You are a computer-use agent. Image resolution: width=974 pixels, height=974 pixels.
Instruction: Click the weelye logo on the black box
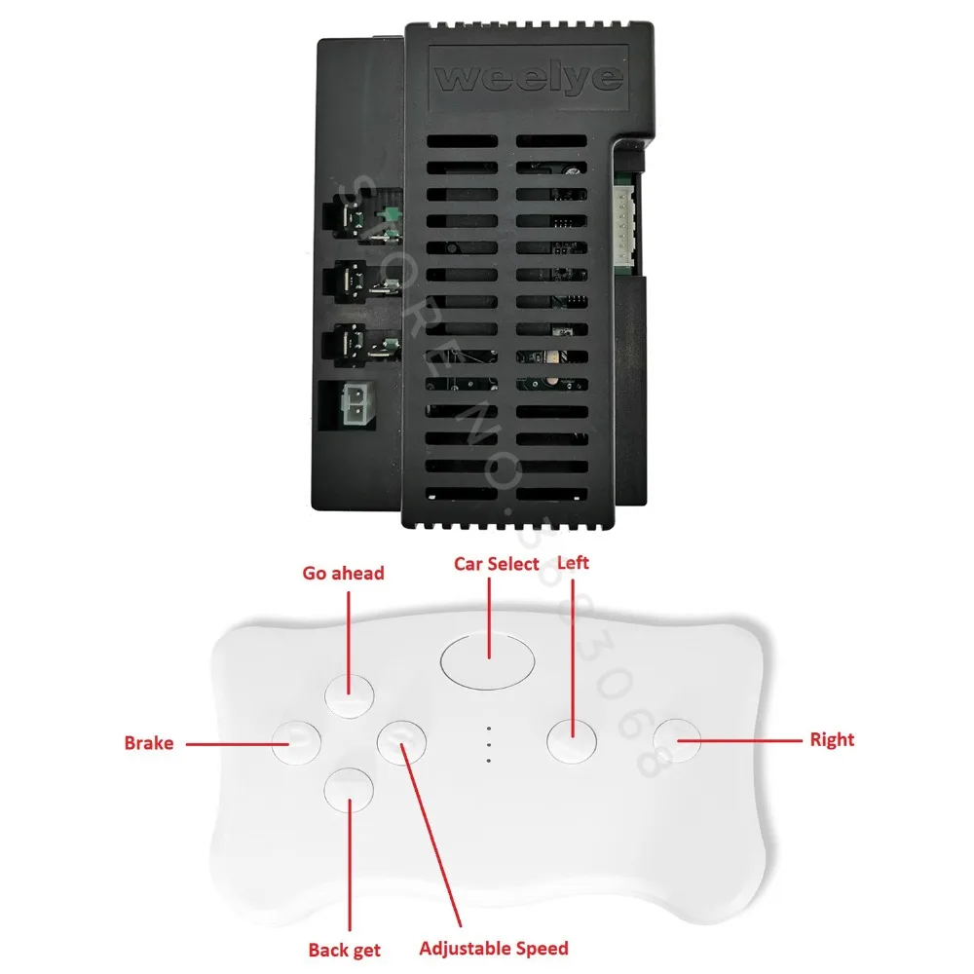(x=529, y=78)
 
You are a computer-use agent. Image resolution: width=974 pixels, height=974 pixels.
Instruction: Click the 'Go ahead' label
(x=343, y=573)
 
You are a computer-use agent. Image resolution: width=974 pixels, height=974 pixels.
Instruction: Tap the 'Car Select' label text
(x=497, y=564)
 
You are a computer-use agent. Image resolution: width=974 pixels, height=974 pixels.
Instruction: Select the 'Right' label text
(x=832, y=740)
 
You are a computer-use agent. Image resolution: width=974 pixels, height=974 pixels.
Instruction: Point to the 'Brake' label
(x=149, y=743)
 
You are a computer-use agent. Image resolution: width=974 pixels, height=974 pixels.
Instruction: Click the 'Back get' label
(x=345, y=950)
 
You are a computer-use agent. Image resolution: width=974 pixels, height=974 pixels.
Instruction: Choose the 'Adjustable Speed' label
(x=494, y=948)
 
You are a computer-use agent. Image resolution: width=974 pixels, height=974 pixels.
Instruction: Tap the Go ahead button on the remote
(x=350, y=693)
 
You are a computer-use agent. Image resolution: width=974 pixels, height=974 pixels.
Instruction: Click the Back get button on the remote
(x=350, y=788)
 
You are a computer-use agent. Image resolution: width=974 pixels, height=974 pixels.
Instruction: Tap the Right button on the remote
(x=677, y=741)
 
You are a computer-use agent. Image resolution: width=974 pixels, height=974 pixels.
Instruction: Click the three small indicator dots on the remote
(x=487, y=744)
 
